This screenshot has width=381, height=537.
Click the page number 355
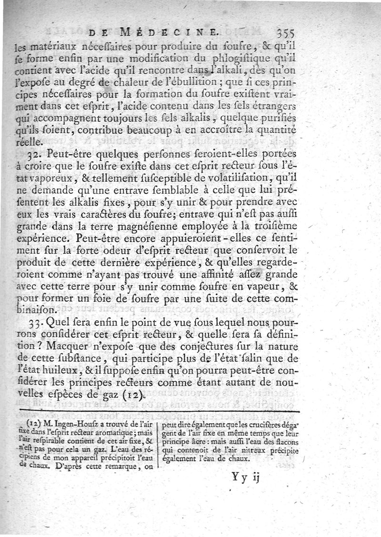[285, 33]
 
